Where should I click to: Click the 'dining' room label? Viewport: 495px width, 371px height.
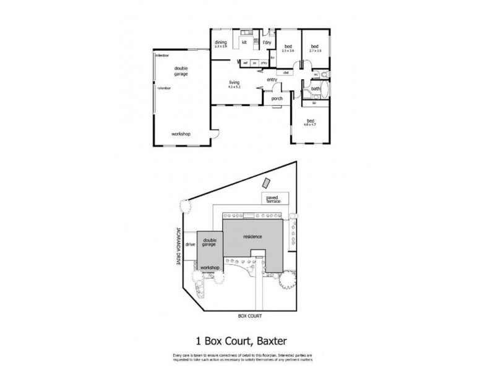(221, 42)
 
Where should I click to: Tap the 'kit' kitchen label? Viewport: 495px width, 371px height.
(244, 42)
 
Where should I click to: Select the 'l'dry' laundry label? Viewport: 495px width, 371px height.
(267, 42)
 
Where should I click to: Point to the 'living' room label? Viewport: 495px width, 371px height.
(235, 82)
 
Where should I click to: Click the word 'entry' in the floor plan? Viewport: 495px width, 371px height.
(272, 80)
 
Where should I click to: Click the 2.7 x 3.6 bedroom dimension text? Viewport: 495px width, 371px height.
(315, 50)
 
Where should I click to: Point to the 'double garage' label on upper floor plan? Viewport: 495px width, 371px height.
(181, 71)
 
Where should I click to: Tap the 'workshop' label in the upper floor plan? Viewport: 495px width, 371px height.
(181, 134)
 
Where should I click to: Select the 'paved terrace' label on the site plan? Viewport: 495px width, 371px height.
(274, 200)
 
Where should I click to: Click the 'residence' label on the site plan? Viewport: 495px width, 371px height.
(252, 237)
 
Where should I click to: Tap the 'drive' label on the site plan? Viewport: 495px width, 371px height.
(190, 244)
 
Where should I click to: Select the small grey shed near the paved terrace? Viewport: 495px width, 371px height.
(267, 184)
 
